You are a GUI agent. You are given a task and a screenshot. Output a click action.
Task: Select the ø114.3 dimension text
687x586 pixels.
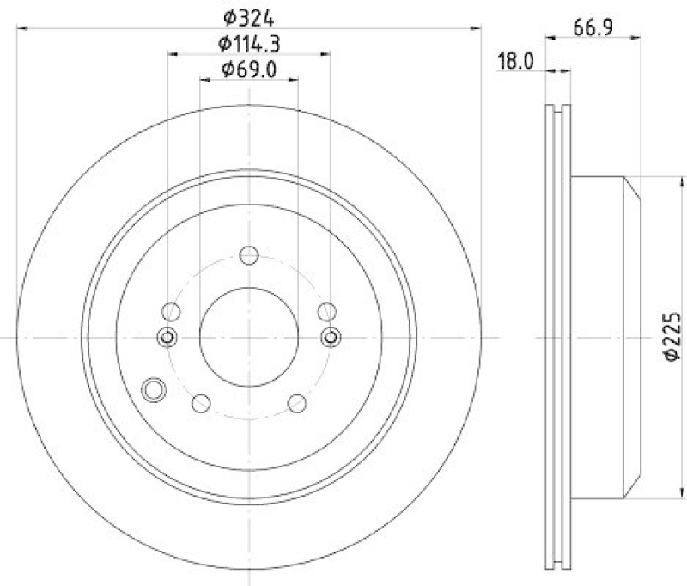tap(248, 43)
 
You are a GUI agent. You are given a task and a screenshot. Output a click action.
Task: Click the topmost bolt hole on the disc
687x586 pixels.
tap(249, 255)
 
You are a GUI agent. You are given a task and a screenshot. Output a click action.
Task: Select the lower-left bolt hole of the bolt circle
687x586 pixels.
tap(201, 402)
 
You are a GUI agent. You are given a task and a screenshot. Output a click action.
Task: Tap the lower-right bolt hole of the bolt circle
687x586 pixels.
tap(297, 402)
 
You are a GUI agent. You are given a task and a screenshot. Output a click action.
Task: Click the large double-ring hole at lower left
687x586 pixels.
tap(155, 389)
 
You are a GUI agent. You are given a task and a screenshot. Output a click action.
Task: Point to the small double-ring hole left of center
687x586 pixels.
tap(167, 337)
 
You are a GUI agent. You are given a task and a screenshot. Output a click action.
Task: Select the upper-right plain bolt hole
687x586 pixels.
tap(326, 311)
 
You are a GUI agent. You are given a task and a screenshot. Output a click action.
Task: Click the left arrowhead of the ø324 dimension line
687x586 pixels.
tap(21, 27)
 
